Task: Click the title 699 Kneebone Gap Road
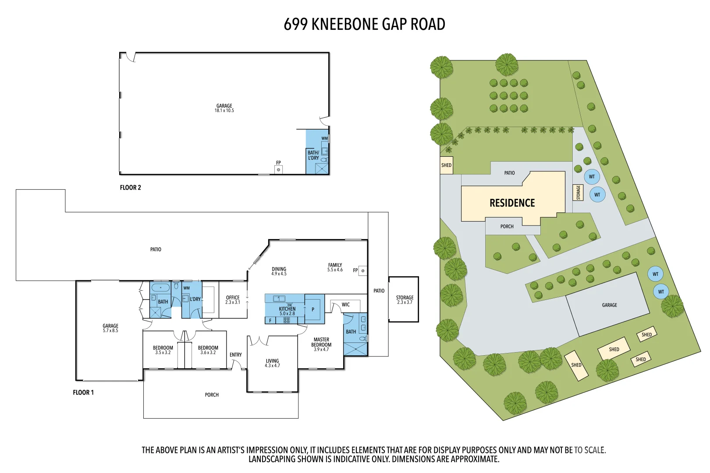coord(364,25)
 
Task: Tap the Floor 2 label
coord(130,187)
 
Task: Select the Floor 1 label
coord(83,392)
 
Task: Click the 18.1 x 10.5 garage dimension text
coord(224,111)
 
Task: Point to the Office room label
coord(233,298)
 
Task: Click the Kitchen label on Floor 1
coord(287,309)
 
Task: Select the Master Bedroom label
coord(321,342)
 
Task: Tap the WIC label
coord(346,305)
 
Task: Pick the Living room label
coord(272,361)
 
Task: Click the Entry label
coord(235,355)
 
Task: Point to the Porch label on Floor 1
coord(212,395)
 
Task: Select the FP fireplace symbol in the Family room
coord(362,271)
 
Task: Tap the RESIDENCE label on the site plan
coord(512,203)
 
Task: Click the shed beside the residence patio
coord(446,166)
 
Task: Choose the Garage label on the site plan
coord(609,305)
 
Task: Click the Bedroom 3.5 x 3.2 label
coord(163,350)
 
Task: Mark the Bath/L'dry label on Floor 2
coord(313,155)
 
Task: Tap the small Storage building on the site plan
coord(578,193)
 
